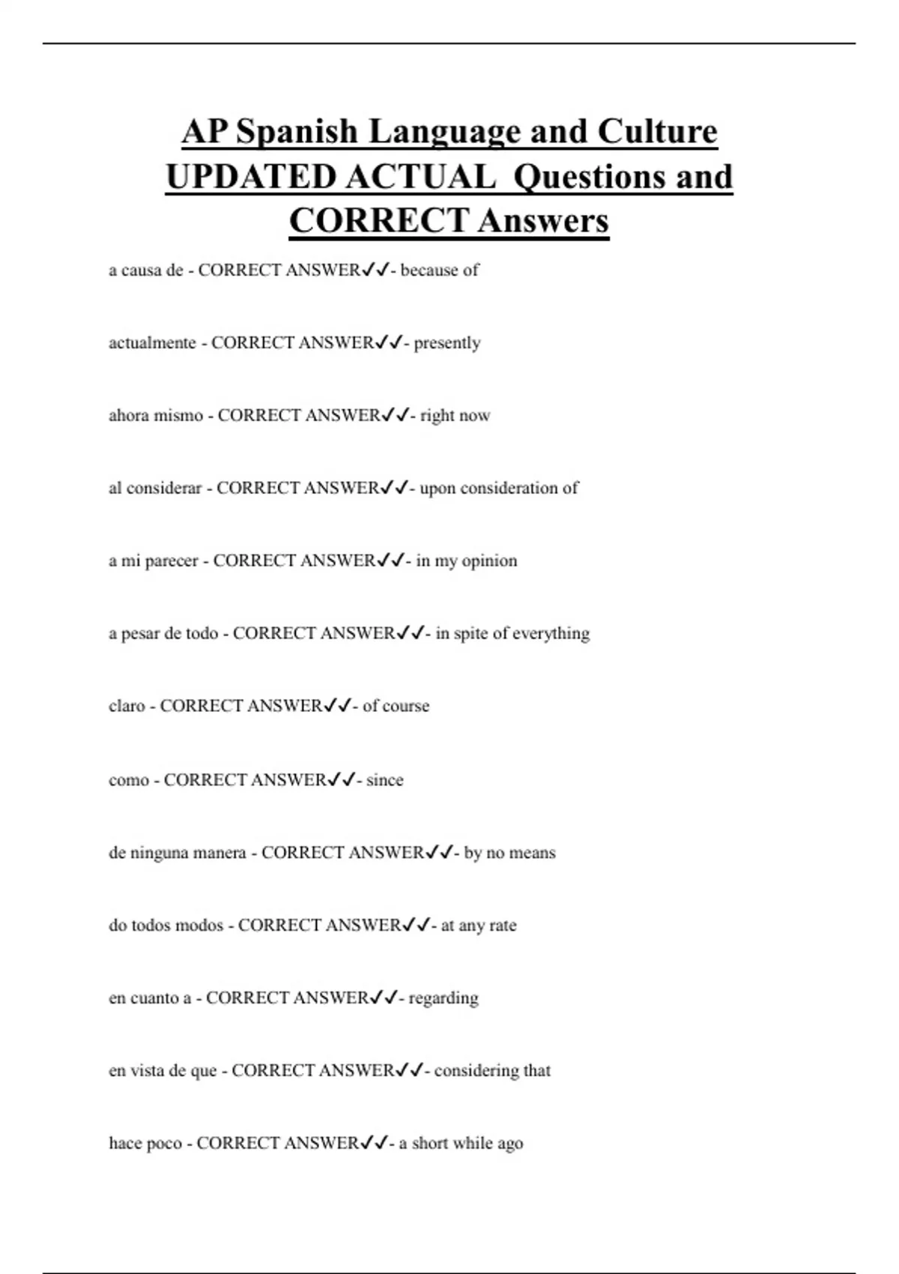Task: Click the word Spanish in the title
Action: pos(297,132)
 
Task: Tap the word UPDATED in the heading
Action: pos(250,177)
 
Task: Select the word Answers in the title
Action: pos(543,220)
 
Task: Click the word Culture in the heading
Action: pos(657,132)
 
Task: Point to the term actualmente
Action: pos(152,343)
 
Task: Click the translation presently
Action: pos(447,343)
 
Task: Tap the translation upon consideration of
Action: pos(499,489)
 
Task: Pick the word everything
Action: pos(552,634)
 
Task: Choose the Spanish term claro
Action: pos(127,707)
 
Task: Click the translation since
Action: pos(384,780)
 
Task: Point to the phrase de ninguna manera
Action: pos(178,853)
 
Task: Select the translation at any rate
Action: pos(479,926)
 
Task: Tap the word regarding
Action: pos(443,998)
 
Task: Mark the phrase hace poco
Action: pos(145,1144)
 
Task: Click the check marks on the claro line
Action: pos(338,706)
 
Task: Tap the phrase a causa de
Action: pos(146,271)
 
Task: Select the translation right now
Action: pos(455,416)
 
